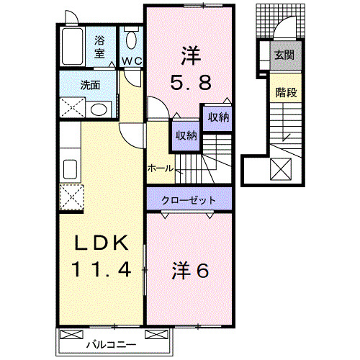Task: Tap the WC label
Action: click(x=131, y=61)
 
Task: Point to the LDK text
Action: click(x=103, y=242)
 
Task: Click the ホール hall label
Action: click(x=160, y=168)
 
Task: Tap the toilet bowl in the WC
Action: click(x=130, y=38)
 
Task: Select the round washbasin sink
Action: click(x=100, y=109)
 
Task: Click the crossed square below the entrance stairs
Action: click(x=281, y=170)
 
